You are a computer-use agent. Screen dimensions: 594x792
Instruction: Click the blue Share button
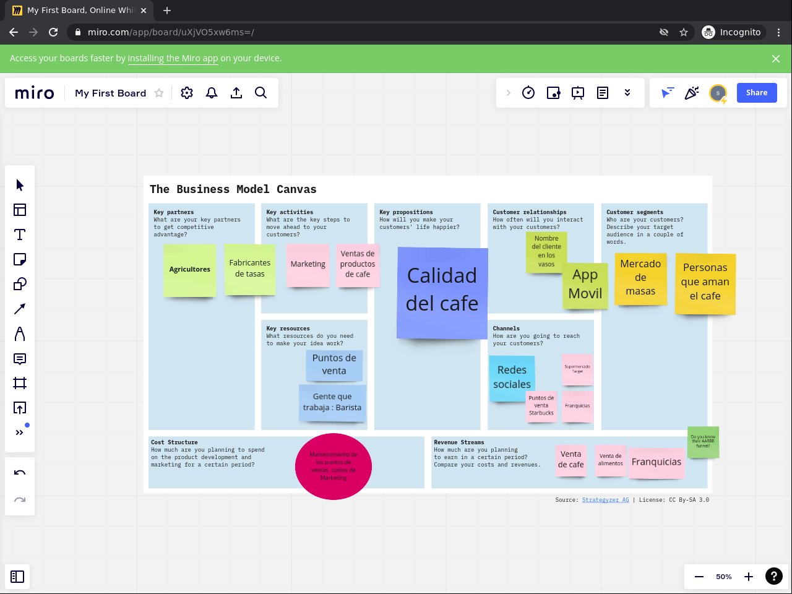(x=756, y=93)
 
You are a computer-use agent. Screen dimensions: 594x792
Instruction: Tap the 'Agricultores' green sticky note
(x=189, y=270)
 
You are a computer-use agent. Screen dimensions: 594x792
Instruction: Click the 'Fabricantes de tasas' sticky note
(x=250, y=269)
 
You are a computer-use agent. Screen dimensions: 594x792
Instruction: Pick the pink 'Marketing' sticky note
(x=308, y=264)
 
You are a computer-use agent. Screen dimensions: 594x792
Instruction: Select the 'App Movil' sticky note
(x=585, y=284)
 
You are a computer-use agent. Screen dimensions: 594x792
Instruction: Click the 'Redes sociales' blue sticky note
(x=512, y=377)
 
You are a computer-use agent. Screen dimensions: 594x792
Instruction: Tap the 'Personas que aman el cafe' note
(x=705, y=282)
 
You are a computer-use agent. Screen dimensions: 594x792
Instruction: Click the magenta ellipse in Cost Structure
(x=334, y=466)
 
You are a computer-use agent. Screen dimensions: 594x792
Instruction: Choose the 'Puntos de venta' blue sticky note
(x=334, y=364)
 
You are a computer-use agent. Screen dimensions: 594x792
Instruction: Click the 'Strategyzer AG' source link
(x=605, y=500)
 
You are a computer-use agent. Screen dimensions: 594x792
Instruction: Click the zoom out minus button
(x=699, y=577)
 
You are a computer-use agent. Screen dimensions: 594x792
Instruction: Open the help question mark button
(x=773, y=577)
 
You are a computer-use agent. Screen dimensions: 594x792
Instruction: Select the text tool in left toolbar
(x=20, y=235)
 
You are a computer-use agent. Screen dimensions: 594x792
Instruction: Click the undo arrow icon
(x=20, y=473)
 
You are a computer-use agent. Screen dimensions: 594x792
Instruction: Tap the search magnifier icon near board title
(x=261, y=93)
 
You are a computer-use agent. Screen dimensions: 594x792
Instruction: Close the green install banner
(x=776, y=59)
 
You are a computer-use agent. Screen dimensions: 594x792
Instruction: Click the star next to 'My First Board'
(x=159, y=93)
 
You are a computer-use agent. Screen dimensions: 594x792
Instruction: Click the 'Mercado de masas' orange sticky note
(x=640, y=278)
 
